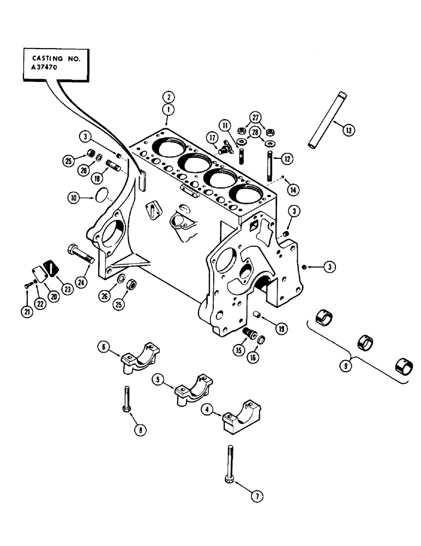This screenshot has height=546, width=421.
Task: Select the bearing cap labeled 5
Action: coord(192,390)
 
